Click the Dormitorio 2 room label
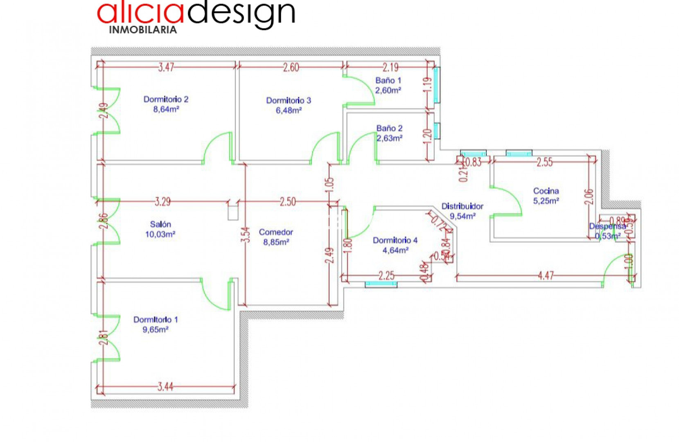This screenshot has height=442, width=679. pos(166,99)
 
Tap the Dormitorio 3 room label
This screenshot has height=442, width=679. pos(289,100)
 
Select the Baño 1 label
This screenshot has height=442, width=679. pos(388,81)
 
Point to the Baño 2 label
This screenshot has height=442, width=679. pos(389,129)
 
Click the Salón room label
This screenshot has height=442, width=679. pos(160,224)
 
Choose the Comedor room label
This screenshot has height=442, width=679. pos(276,232)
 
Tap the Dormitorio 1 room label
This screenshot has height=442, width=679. pos(156,320)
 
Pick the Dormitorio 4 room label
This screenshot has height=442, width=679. pos(395,240)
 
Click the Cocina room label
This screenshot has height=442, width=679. pos(546,191)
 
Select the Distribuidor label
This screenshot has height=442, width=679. pos(462,206)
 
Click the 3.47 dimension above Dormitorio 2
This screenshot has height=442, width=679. pos(166,67)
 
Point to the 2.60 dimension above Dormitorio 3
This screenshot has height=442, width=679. pos(291,67)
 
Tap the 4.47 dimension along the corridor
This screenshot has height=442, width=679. pos(546,276)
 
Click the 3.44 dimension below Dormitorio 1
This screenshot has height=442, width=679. pos(165,386)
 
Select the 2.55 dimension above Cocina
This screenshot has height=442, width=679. pos(544,162)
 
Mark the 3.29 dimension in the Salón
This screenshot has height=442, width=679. pos(162,202)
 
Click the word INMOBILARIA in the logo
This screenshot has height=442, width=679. pos(143,30)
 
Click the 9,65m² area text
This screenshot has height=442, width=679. pos(156,330)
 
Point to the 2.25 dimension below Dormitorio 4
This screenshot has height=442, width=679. pos(386,276)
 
